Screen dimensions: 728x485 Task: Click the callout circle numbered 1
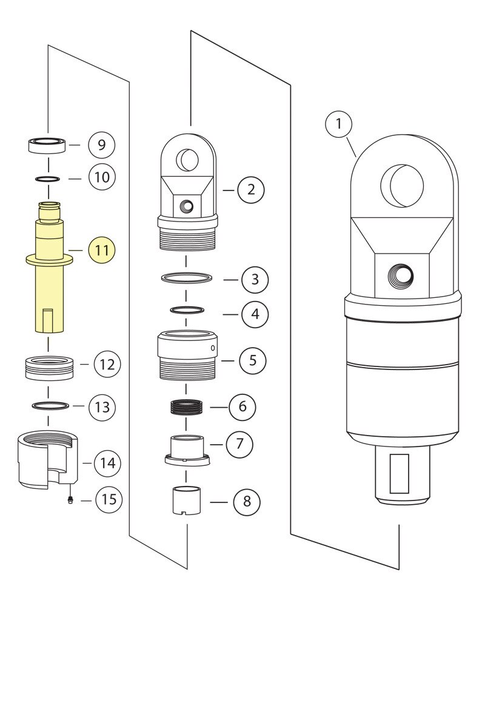(x=339, y=125)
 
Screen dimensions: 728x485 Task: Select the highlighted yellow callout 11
(x=102, y=250)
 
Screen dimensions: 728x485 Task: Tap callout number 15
(x=109, y=500)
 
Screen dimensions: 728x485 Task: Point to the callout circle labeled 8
(x=246, y=502)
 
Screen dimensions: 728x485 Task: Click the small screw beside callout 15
(x=70, y=499)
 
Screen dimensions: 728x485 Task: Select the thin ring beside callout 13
(x=48, y=405)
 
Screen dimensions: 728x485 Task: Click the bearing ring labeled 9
(x=48, y=146)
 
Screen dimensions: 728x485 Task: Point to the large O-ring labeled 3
(x=187, y=278)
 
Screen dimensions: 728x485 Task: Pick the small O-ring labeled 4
(x=187, y=310)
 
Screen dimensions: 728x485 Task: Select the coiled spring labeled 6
(x=187, y=405)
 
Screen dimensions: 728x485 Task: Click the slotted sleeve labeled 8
(x=187, y=501)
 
